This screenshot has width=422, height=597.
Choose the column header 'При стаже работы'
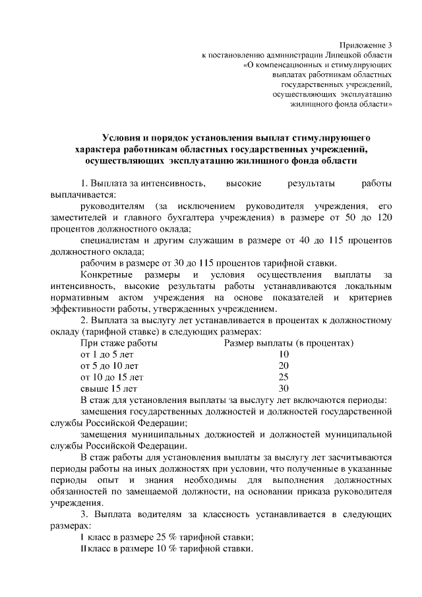point(119,342)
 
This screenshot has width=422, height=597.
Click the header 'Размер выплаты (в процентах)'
point(289,342)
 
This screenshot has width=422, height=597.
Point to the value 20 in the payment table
point(284,365)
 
